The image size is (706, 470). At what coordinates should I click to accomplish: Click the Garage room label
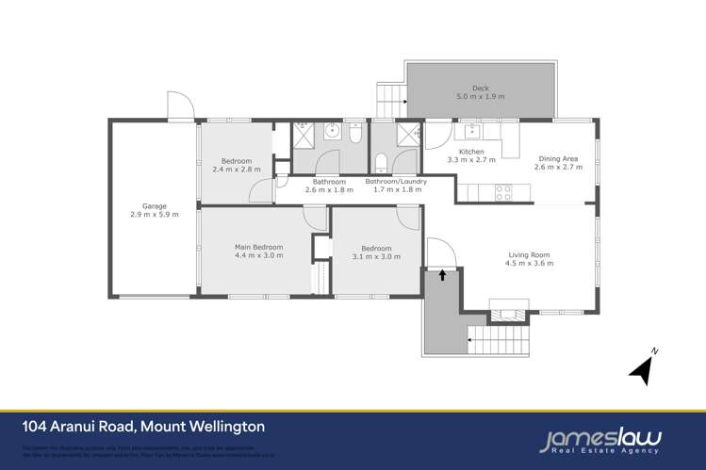[155, 204]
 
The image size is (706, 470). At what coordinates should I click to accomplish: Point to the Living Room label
[530, 253]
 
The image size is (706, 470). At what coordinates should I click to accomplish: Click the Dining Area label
[558, 158]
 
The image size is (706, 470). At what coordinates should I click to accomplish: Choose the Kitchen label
[471, 152]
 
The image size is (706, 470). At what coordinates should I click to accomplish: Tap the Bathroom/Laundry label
[396, 181]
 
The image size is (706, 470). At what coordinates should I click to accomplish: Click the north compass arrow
[643, 367]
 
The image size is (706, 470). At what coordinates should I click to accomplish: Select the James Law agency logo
[600, 439]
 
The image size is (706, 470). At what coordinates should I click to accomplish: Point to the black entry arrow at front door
[442, 276]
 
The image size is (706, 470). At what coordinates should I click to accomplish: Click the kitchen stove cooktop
[503, 192]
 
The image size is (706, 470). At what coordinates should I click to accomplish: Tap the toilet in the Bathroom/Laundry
[381, 160]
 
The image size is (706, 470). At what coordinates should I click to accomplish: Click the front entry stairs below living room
[500, 335]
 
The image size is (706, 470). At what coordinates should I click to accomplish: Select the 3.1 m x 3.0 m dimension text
[373, 257]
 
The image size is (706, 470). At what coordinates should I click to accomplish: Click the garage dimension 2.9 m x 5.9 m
[155, 214]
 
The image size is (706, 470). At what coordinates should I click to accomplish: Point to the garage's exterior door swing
[180, 105]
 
